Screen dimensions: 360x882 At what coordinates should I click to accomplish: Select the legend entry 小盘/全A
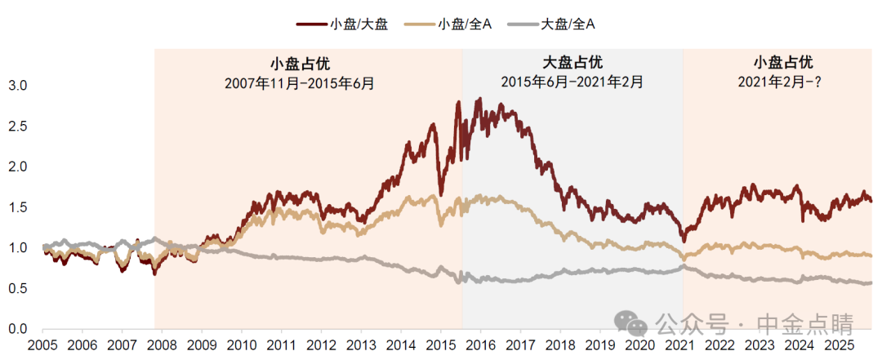click(x=464, y=24)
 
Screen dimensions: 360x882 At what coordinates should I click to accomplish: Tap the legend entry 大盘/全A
click(x=568, y=24)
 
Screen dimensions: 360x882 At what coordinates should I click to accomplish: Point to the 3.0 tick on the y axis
click(x=17, y=85)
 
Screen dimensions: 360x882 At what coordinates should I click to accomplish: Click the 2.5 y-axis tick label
click(x=17, y=126)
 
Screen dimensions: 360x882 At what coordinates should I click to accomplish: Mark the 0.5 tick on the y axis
click(x=17, y=288)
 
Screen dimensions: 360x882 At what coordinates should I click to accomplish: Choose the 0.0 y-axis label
click(x=17, y=329)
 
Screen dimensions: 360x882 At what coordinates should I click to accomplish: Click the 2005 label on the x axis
click(x=42, y=345)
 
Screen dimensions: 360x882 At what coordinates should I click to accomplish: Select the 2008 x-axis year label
click(x=163, y=345)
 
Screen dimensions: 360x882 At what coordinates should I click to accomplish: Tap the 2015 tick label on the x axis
click(x=441, y=345)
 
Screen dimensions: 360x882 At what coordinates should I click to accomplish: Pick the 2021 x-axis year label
click(x=680, y=345)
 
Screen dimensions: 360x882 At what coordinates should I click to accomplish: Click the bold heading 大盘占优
click(x=572, y=63)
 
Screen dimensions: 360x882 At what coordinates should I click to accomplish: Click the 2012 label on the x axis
click(x=322, y=345)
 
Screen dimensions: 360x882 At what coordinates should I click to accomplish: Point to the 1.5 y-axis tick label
click(x=17, y=207)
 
